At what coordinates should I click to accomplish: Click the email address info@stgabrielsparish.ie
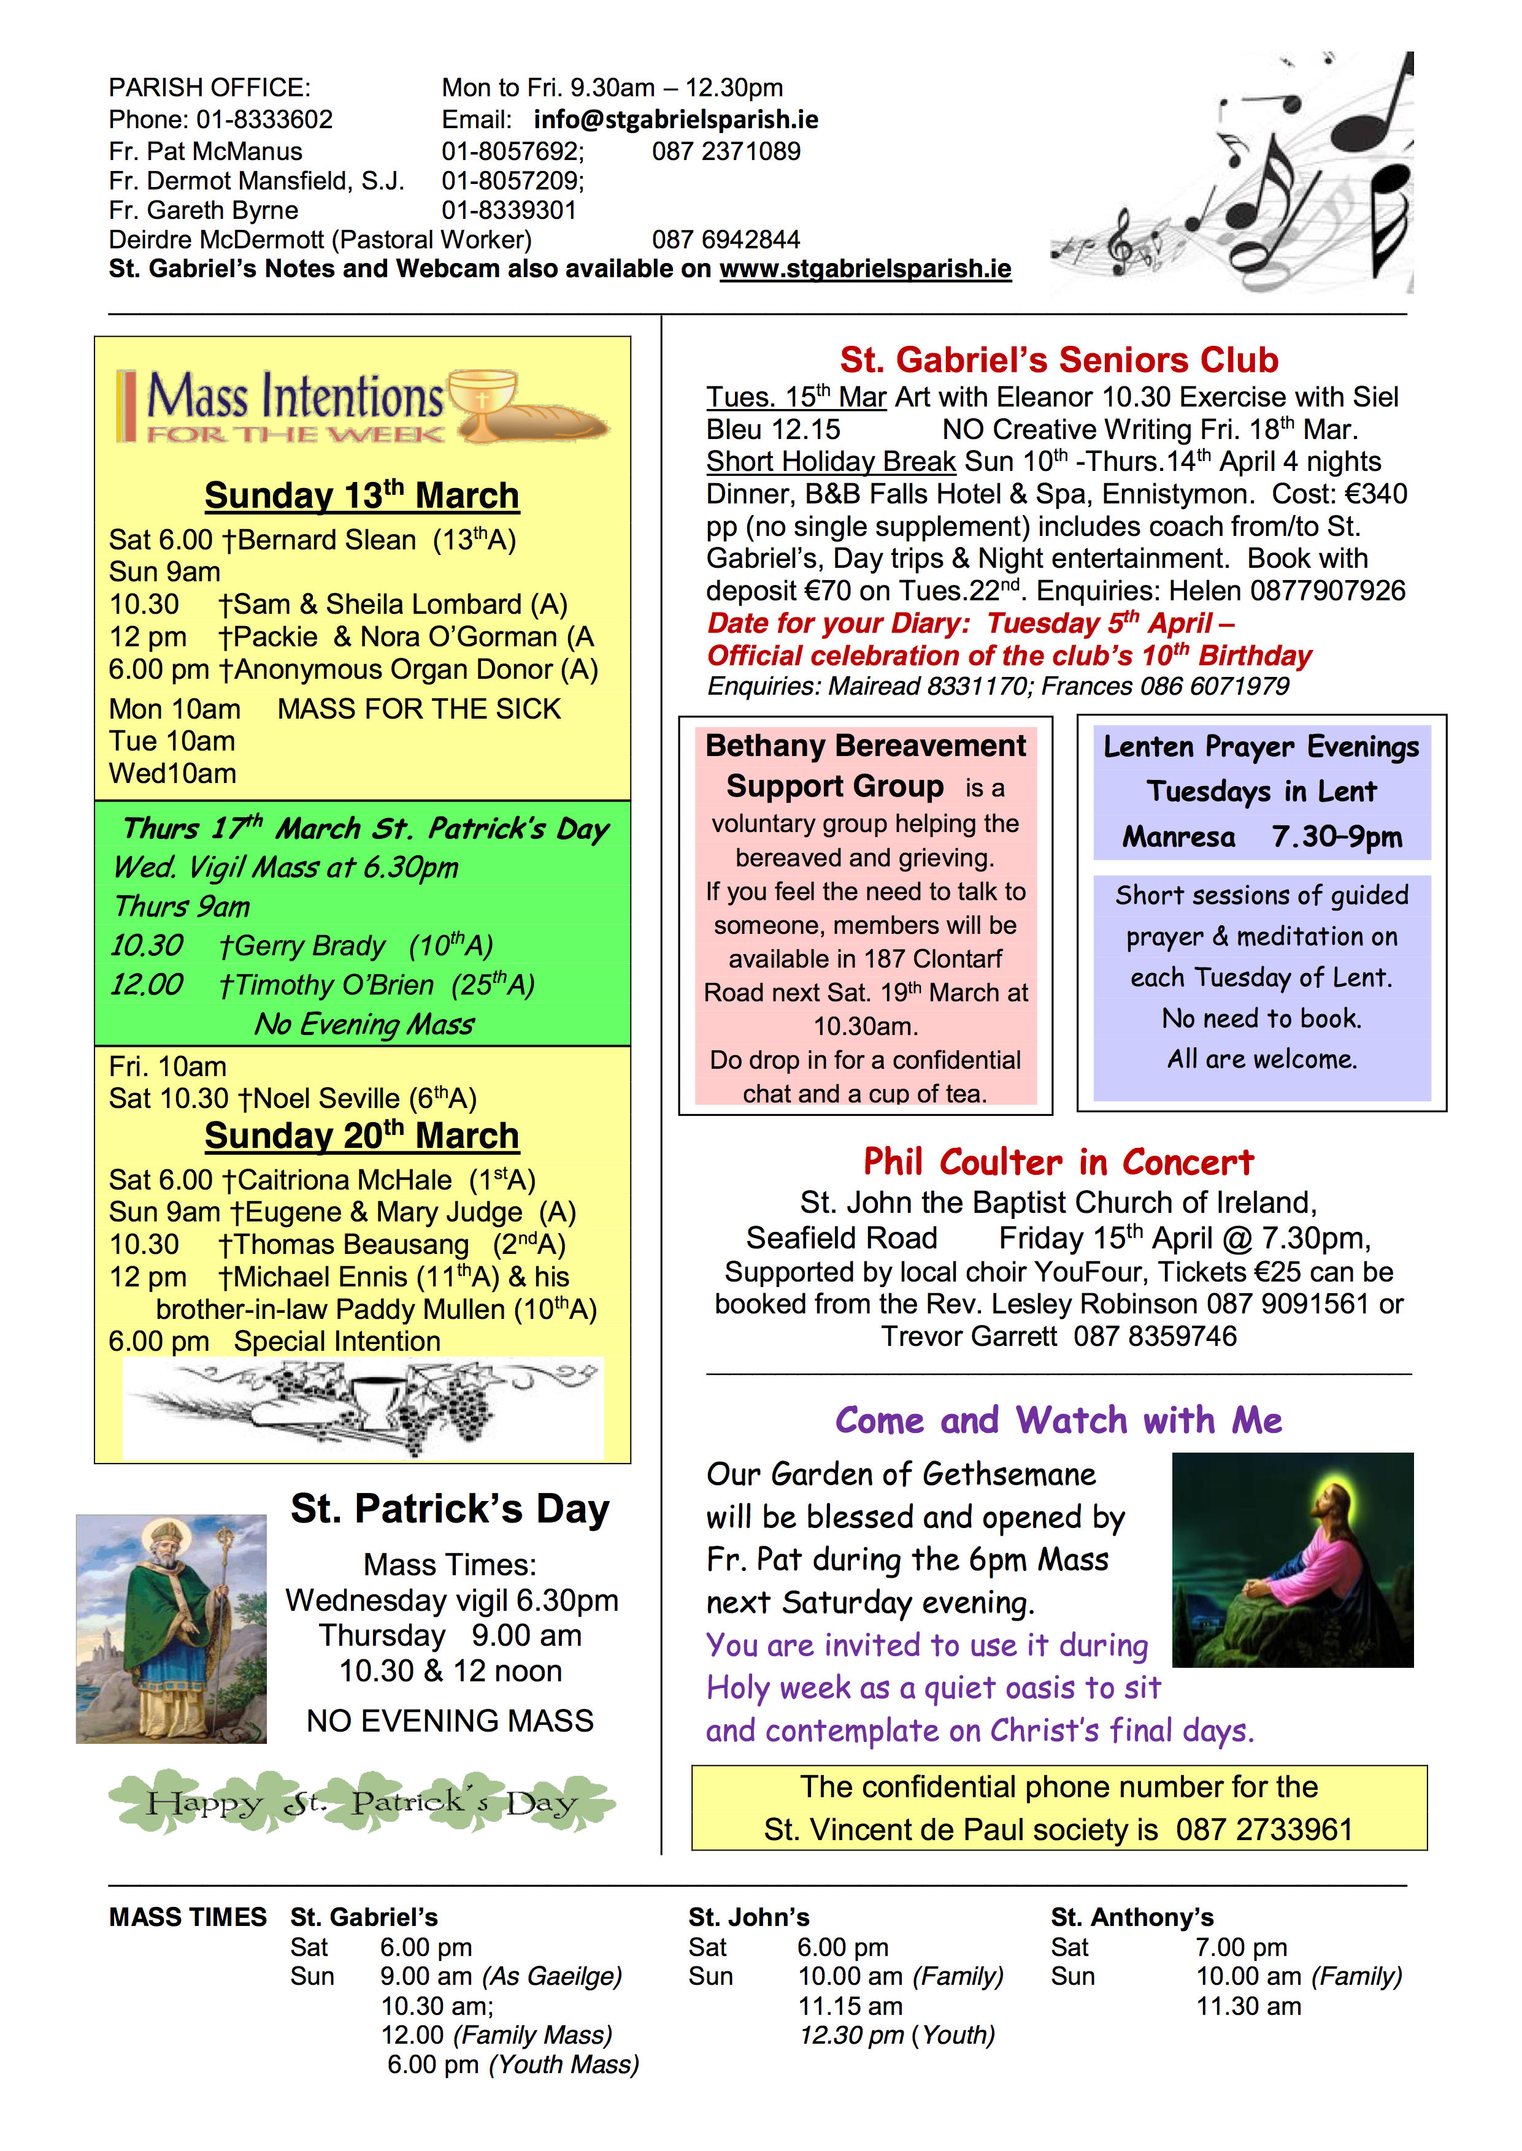click(675, 120)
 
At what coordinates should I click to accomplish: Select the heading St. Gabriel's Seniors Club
click(1059, 360)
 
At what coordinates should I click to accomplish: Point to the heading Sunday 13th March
click(362, 495)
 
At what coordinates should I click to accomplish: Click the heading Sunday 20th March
click(362, 1136)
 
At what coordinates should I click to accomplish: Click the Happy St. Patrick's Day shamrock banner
click(362, 1801)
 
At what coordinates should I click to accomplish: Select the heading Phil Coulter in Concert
click(1058, 1163)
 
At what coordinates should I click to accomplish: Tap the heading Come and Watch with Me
click(1058, 1420)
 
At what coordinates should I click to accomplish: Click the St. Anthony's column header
click(1132, 1918)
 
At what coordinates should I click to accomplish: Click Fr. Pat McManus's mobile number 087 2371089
click(726, 152)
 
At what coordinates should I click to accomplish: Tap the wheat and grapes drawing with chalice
click(364, 1408)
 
